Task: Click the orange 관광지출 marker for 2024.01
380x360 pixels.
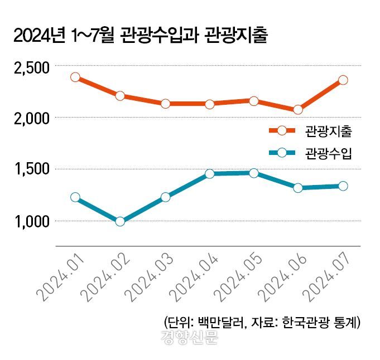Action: (x=75, y=77)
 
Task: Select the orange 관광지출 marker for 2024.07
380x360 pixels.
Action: (x=343, y=80)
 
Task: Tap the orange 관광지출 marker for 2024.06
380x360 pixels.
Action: (x=298, y=110)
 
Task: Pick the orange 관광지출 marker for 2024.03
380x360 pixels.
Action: (x=165, y=104)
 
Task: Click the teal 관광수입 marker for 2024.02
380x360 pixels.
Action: (x=120, y=221)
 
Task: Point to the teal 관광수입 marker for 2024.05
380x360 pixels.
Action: (x=254, y=173)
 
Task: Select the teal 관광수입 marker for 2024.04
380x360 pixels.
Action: (x=209, y=174)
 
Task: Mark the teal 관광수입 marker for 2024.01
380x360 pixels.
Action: (x=75, y=197)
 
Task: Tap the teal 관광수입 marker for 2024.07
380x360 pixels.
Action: (x=343, y=186)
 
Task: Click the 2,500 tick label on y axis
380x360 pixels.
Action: (x=31, y=67)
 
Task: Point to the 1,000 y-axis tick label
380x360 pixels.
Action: (x=31, y=221)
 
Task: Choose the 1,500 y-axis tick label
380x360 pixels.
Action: (x=31, y=169)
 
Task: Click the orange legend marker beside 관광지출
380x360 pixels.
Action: (x=282, y=131)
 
